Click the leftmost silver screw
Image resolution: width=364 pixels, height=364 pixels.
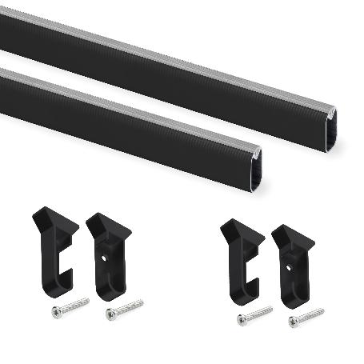tap(70, 307)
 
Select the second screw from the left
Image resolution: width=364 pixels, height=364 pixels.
tap(124, 308)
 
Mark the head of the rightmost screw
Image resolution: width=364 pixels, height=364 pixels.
tap(294, 322)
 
